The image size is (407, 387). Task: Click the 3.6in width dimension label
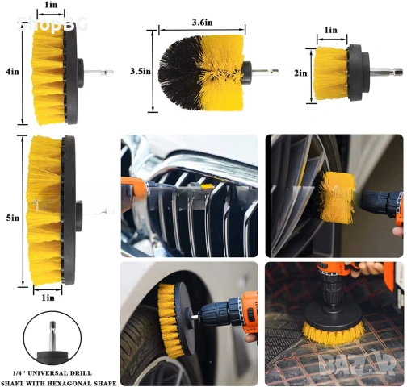pos(202,23)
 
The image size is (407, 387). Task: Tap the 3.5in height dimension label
pos(141,72)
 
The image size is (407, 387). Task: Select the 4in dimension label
pos(13,72)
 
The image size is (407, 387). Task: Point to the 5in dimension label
pos(13,218)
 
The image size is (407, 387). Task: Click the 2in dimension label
pos(300,73)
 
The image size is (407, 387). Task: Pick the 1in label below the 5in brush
pos(48,298)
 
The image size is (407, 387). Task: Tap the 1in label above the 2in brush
pos(331,30)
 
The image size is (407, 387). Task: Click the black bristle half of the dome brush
pos(179,73)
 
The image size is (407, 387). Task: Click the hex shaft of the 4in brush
pos(99,73)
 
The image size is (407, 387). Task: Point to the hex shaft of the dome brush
pos(265,72)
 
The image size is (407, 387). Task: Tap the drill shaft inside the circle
pos(52,337)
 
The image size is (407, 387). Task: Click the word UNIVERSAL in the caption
pos(52,373)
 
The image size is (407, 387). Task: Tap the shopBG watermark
pos(52,24)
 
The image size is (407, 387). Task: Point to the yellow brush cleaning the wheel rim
pos(337,198)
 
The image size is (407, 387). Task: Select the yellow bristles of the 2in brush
pos(330,73)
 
